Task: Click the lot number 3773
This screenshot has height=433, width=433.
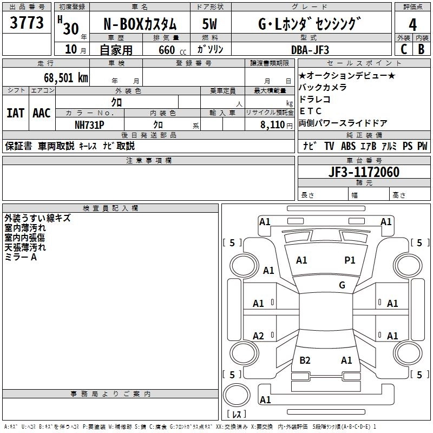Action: pos(27,23)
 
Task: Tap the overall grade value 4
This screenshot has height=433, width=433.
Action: pos(413,24)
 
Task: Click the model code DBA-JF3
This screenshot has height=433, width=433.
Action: pos(317,49)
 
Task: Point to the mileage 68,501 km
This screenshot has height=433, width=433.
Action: pos(62,77)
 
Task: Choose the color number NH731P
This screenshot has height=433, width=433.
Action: pos(89,124)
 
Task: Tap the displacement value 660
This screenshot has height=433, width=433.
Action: pos(167,50)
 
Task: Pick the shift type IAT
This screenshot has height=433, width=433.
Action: pos(15,113)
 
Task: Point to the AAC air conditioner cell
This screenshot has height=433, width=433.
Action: pos(42,113)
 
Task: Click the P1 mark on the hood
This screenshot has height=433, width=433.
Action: pos(350,260)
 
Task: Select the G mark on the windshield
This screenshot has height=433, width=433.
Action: pos(342,285)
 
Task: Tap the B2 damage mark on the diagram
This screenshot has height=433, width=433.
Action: pos(305,360)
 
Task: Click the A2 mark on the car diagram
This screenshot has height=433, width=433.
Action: pos(259,336)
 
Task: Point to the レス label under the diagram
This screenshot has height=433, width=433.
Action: pos(236,415)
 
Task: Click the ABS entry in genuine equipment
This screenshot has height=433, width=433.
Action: pos(348,146)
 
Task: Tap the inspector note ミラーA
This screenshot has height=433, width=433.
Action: pos(21,257)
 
